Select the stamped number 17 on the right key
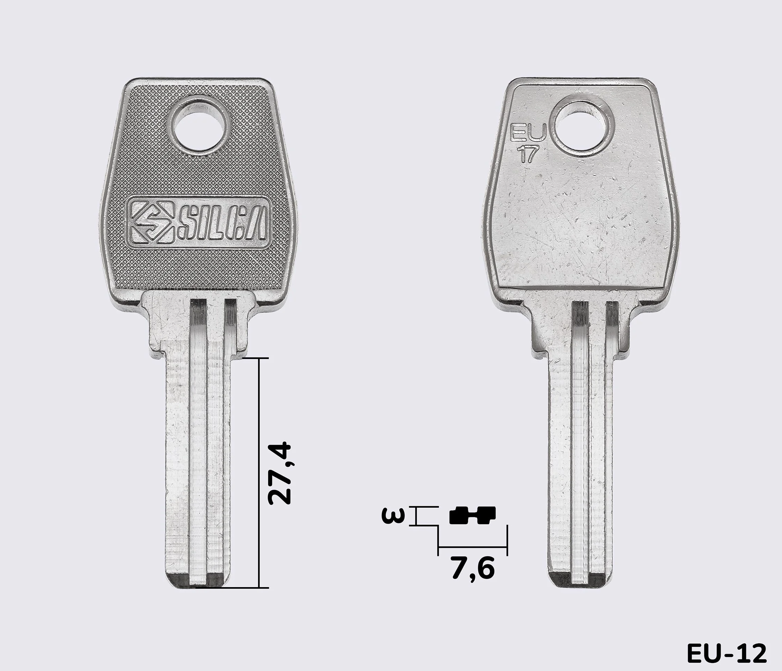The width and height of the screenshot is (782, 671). tap(527, 155)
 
